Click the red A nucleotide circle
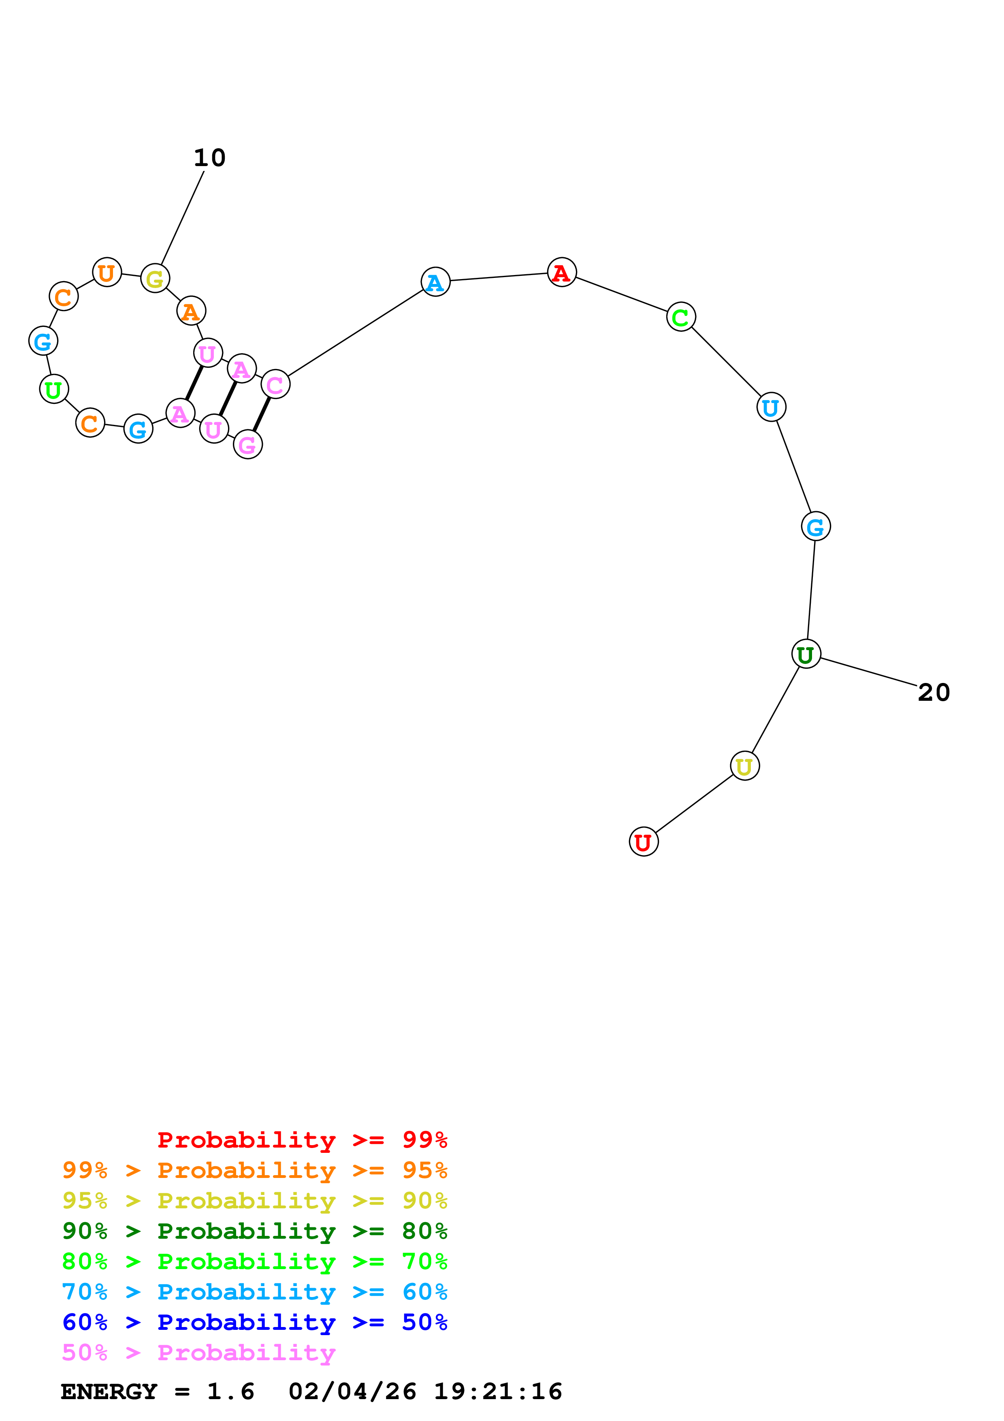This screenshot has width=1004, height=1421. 562,272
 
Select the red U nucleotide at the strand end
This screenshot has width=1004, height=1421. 644,842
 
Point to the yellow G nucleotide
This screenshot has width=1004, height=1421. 155,279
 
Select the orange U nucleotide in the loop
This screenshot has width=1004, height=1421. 107,272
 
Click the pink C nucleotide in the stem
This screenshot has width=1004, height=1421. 275,384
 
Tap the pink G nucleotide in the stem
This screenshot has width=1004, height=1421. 247,444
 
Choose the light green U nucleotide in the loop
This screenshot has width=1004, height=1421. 54,389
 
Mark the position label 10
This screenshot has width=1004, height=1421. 210,158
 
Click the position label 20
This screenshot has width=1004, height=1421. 934,693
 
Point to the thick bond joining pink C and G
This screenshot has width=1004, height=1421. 262,415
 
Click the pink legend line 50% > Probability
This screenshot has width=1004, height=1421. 198,1352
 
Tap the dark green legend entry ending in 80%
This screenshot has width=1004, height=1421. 254,1231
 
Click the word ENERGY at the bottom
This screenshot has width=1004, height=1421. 109,1391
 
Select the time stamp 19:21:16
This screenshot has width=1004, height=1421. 498,1391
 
